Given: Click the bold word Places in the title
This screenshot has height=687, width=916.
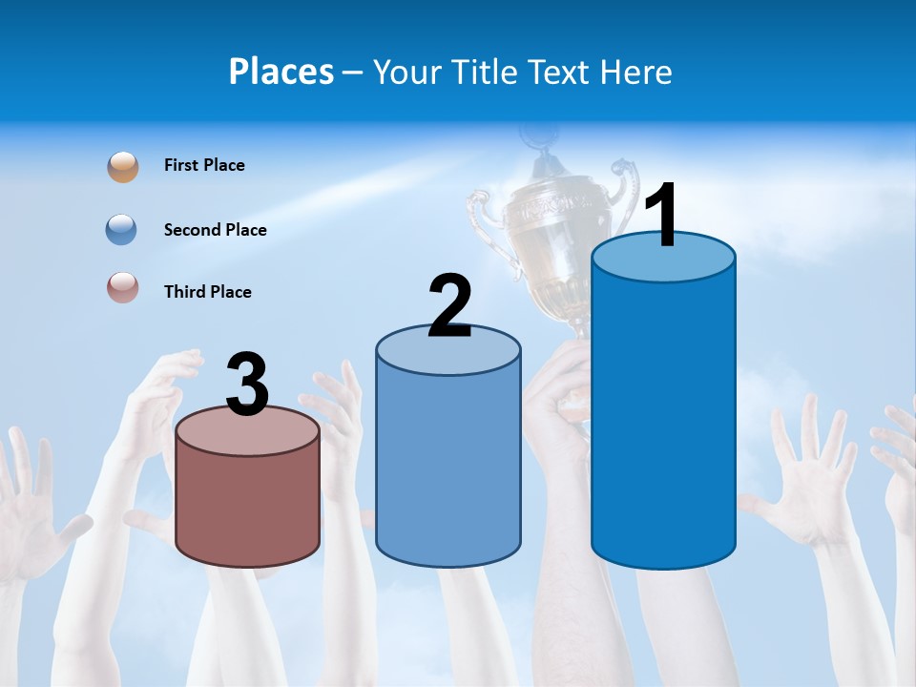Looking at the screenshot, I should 281,72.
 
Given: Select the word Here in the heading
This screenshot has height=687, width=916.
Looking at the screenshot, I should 637,72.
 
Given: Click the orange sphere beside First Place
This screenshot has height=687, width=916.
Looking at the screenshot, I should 123,166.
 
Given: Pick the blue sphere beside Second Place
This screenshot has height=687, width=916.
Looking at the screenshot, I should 122,230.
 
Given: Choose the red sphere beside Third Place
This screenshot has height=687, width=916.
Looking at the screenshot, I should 123,288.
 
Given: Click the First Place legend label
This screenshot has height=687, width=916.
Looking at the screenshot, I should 204,165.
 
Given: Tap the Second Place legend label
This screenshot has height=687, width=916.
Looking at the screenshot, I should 215,230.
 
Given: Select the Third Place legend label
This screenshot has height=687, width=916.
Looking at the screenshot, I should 207,292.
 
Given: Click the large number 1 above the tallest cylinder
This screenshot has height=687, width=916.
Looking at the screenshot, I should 661,216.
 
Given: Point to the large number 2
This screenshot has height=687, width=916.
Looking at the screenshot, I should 449,305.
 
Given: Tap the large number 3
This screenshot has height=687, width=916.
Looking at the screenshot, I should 248,385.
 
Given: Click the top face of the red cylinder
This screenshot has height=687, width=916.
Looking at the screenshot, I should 248,431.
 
